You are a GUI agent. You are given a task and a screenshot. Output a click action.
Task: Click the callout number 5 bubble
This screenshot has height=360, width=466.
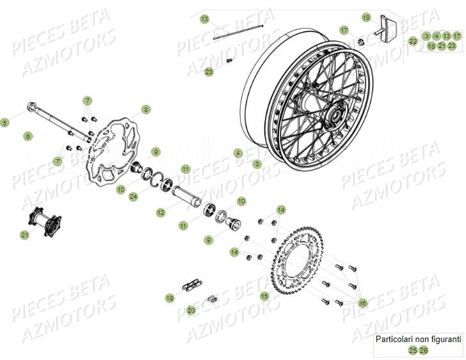pyautogui.click(x=5, y=122)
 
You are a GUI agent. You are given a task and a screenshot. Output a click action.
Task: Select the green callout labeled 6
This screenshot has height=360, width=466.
pyautogui.click(x=28, y=136)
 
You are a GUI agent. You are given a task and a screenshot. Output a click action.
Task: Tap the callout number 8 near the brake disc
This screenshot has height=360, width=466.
pyautogui.click(x=146, y=110)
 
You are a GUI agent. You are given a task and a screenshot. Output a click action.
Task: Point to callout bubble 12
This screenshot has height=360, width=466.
pyautogui.click(x=161, y=212)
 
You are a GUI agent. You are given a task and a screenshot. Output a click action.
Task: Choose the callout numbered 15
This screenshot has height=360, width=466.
pyautogui.click(x=264, y=296)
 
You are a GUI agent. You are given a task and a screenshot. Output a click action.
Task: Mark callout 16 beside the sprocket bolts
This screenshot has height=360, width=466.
pyautogui.click(x=364, y=303)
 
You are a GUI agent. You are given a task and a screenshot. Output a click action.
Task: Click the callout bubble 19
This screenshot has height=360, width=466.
pyautogui.click(x=170, y=298)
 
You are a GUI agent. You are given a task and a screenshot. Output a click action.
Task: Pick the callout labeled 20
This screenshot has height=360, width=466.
pyautogui.click(x=191, y=310)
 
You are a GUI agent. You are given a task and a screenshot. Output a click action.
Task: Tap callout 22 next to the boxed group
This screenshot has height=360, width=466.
pyautogui.click(x=413, y=41)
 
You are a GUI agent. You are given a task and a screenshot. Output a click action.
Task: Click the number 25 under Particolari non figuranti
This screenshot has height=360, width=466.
pyautogui.click(x=413, y=350)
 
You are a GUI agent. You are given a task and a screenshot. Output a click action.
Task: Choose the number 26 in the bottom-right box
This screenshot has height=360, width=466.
pyautogui.click(x=424, y=350)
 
